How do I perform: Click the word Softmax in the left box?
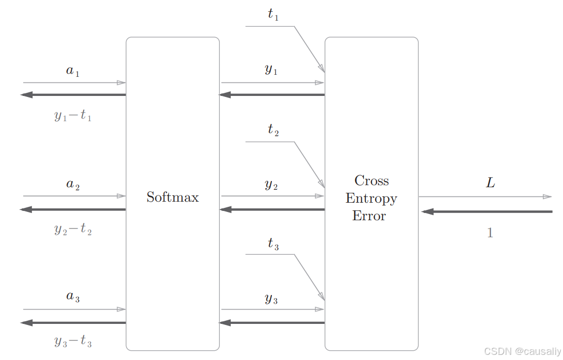[x=172, y=197]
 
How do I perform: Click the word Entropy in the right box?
[x=371, y=199]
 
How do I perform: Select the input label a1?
[x=73, y=71]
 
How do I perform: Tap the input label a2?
[x=73, y=185]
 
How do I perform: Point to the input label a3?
[x=73, y=298]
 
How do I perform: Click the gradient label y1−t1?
[x=73, y=116]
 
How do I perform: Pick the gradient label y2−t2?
[x=73, y=229]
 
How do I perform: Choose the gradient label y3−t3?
[x=73, y=341]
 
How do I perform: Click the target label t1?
[x=273, y=15]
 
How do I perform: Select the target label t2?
[x=273, y=130]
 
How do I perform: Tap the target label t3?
[x=273, y=244]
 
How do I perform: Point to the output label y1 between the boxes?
[x=271, y=70]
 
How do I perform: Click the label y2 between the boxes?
[x=271, y=185]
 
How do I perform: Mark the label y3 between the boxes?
[x=271, y=299]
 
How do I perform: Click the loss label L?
[x=490, y=183]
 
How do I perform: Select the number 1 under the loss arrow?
[x=490, y=233]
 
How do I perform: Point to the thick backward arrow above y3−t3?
[x=73, y=323]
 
